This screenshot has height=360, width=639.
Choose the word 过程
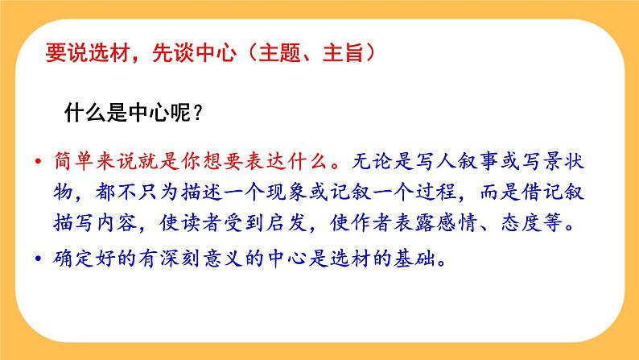tap(460, 192)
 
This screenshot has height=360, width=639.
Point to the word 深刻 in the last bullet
tap(195, 259)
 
